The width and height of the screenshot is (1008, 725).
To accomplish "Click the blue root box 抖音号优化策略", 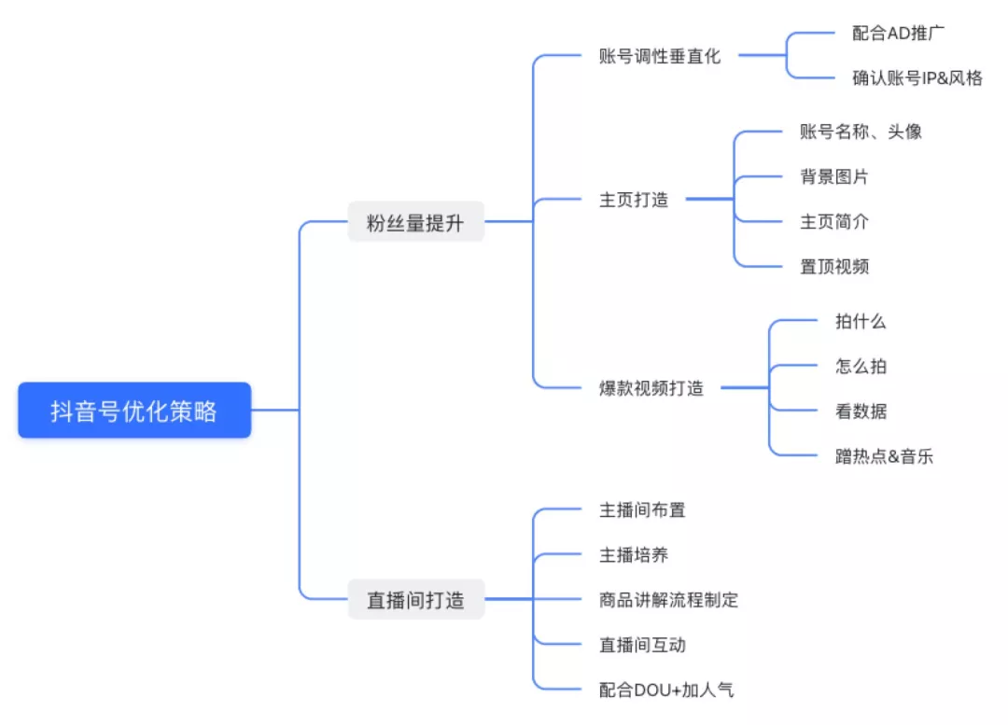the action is (134, 410).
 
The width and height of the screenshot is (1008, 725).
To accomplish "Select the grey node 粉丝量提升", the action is (416, 222).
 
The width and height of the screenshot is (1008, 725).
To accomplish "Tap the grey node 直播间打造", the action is (416, 599).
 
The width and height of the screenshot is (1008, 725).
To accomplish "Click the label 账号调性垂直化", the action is (660, 57).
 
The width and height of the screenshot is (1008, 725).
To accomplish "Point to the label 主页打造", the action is (634, 200).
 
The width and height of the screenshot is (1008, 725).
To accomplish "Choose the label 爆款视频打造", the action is (651, 388).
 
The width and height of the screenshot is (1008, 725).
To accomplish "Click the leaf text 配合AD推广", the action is (898, 33).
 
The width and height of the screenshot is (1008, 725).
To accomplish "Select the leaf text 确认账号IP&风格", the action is (917, 77).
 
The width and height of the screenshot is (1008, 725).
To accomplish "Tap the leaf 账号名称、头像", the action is (861, 132).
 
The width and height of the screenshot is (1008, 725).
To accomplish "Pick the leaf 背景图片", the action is (834, 176).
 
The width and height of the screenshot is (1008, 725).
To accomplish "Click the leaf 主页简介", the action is (834, 222).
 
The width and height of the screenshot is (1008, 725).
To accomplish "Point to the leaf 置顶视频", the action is (834, 266).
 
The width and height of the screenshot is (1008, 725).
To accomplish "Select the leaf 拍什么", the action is (861, 321).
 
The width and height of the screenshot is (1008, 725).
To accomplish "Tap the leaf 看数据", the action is (861, 411).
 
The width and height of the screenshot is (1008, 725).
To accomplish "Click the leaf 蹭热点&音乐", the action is (884, 456).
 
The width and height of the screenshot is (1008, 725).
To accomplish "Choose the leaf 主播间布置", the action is (642, 509).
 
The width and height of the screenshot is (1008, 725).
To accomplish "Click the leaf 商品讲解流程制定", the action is (668, 600).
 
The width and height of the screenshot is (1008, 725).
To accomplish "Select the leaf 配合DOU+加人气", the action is (666, 690).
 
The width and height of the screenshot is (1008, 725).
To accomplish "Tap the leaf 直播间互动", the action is (642, 645).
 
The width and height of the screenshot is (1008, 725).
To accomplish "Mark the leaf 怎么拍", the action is (861, 367).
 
